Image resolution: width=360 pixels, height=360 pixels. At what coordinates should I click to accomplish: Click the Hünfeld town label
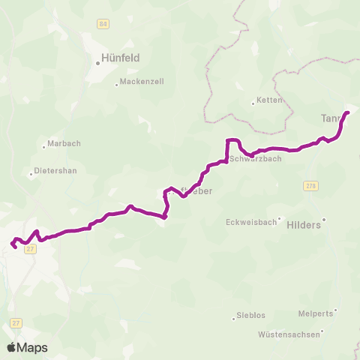coord(121,57)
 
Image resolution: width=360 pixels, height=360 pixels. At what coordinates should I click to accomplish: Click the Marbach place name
coord(63,143)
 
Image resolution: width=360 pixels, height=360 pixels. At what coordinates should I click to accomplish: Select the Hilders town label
coord(304,223)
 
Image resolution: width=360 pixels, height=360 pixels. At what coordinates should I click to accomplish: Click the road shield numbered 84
coord(103,24)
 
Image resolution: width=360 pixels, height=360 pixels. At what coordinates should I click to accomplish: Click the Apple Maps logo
coord(26,347)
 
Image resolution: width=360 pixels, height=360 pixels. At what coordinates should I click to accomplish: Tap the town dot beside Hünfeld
coord(98,63)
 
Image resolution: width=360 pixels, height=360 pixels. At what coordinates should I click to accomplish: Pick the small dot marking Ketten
coord(253,104)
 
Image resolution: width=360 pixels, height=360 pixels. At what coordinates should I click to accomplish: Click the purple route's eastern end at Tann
coord(347,113)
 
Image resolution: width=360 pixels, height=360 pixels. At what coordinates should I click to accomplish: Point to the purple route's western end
coord(12,244)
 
